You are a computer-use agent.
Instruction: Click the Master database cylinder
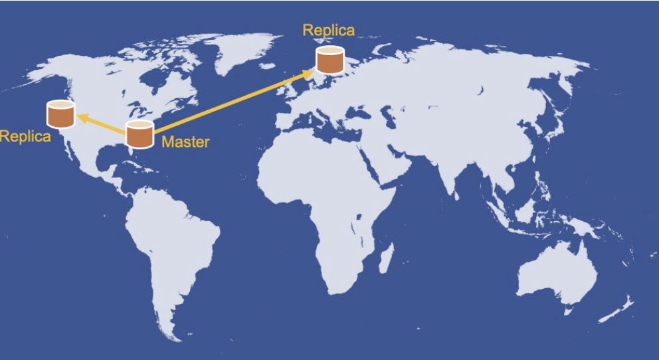point(140,134)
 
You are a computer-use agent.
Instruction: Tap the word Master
point(185,141)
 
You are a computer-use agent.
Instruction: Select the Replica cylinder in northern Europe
point(330,60)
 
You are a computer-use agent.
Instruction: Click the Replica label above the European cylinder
point(329,31)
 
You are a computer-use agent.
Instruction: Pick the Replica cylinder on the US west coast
point(61,114)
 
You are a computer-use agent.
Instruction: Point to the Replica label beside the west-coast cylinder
point(25,137)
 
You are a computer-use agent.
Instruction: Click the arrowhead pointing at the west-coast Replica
point(83,118)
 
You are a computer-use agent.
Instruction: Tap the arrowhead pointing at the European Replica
point(308,74)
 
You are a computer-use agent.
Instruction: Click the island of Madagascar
point(386,258)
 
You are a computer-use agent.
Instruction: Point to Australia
point(556,272)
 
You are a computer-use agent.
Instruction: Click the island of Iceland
point(267,66)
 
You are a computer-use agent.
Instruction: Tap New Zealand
point(616,310)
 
